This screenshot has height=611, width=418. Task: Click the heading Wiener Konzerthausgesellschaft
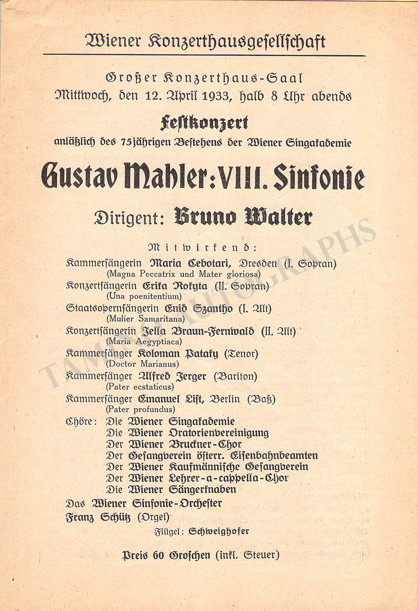tap(205, 41)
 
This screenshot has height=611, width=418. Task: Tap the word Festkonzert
tap(204, 123)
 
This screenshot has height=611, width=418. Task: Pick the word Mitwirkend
tap(205, 246)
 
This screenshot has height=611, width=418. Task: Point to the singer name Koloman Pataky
tap(178, 354)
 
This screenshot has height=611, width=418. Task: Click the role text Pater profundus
tap(141, 410)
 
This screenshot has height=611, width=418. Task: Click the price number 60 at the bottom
tap(160, 555)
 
